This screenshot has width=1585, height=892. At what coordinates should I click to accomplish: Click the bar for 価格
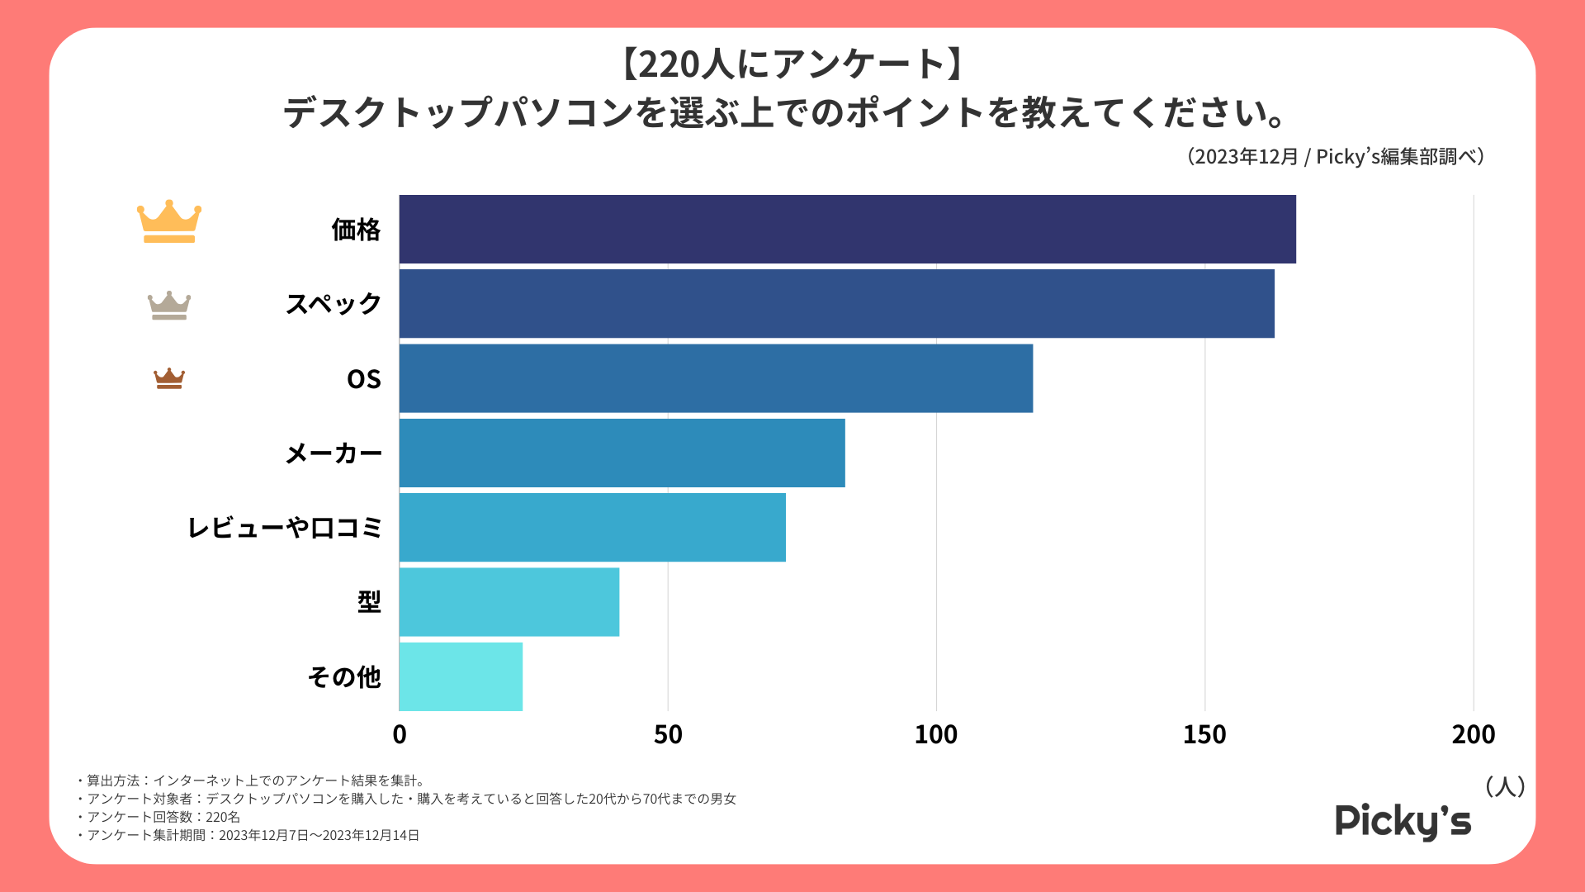pyautogui.click(x=847, y=230)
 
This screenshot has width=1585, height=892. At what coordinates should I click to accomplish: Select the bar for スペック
pyautogui.click(x=836, y=304)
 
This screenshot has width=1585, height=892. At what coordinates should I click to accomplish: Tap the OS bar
pyautogui.click(x=716, y=378)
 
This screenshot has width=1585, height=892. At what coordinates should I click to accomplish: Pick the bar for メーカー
pyautogui.click(x=622, y=453)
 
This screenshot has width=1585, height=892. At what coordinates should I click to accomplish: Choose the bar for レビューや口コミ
pyautogui.click(x=592, y=527)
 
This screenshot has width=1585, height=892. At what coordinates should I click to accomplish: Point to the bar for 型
pyautogui.click(x=509, y=601)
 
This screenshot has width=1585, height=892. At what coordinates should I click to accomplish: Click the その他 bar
pyautogui.click(x=461, y=676)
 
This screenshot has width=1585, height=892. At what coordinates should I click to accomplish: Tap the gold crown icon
pyautogui.click(x=169, y=221)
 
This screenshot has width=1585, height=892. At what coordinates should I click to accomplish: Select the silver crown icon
pyautogui.click(x=169, y=305)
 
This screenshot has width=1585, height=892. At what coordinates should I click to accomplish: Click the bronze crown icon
pyautogui.click(x=169, y=378)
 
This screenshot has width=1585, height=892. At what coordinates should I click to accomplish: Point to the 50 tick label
pyautogui.click(x=668, y=734)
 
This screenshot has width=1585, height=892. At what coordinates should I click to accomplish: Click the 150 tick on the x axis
pyautogui.click(x=1204, y=734)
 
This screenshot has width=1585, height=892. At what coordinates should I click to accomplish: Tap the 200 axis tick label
pyautogui.click(x=1474, y=734)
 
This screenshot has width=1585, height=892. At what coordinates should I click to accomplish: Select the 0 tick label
pyautogui.click(x=400, y=734)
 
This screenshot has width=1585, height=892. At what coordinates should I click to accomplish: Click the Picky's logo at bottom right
pyautogui.click(x=1403, y=821)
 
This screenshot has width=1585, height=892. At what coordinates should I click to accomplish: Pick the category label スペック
pyautogui.click(x=334, y=304)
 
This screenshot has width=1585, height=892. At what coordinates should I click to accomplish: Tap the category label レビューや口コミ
pyautogui.click(x=285, y=527)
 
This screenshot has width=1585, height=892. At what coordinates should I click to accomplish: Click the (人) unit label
pyautogui.click(x=1505, y=786)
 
